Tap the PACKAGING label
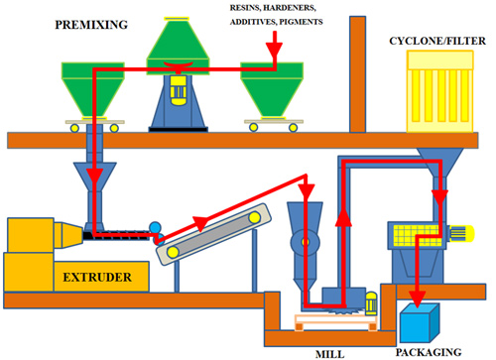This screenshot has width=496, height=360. (430, 351)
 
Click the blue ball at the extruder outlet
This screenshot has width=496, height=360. (154, 228)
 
